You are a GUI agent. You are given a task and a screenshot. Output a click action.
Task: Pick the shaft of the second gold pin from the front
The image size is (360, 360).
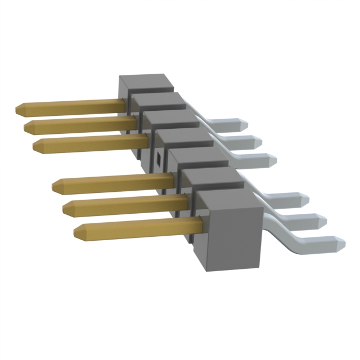[129, 204]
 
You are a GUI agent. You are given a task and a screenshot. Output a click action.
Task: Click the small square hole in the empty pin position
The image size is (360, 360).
[158, 159]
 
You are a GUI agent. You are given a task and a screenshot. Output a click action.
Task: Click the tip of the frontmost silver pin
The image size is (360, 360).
[340, 244]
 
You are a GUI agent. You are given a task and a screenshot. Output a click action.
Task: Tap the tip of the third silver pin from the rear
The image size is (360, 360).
[272, 160]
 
